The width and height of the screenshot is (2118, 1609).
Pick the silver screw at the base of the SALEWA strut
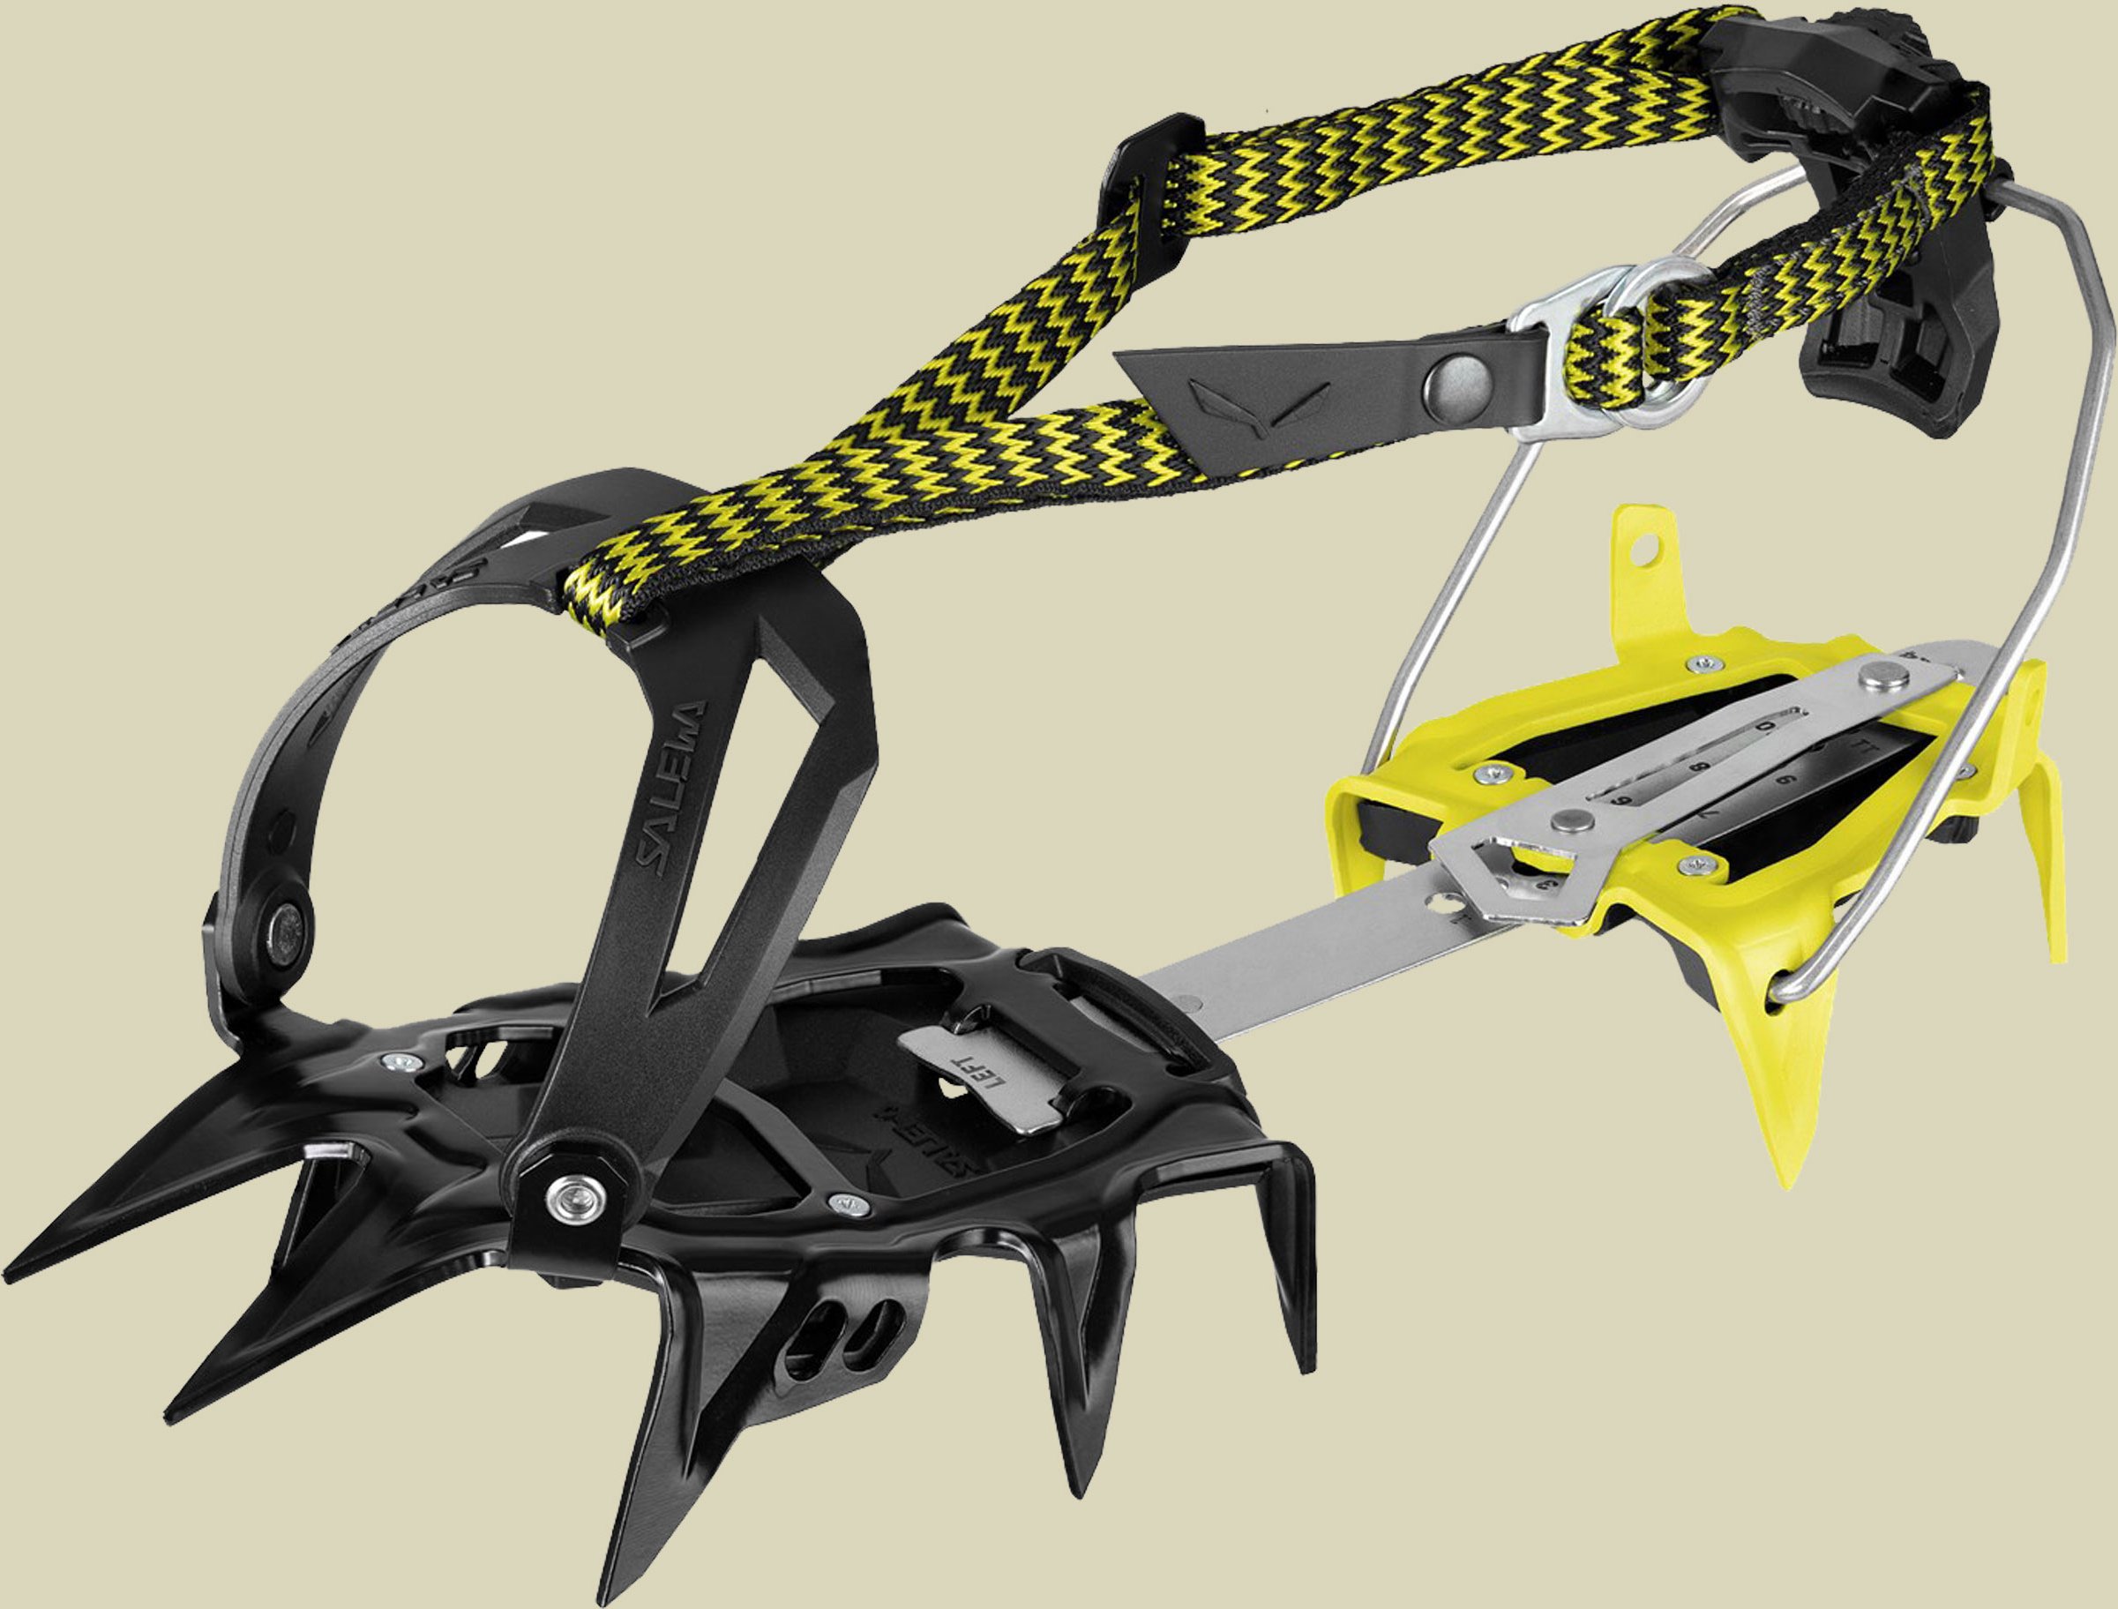click(574, 1188)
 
